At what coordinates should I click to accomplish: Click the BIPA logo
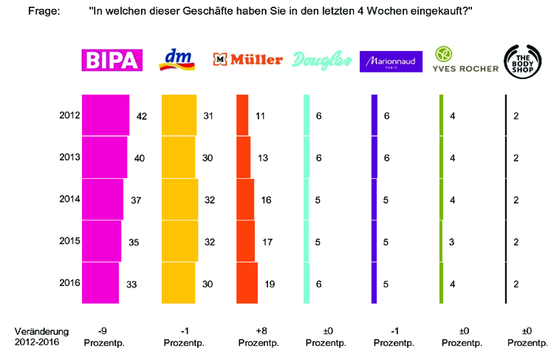(x=111, y=60)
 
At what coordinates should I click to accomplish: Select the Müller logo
(x=247, y=60)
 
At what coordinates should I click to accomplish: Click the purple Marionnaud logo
(x=391, y=61)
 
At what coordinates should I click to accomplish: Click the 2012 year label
(x=69, y=115)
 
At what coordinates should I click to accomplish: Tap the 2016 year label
(x=69, y=282)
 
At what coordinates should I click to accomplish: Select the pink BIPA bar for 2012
(x=106, y=115)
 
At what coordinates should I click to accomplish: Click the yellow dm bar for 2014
(x=179, y=200)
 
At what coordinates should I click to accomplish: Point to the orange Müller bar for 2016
(x=247, y=282)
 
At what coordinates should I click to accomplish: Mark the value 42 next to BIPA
(x=142, y=116)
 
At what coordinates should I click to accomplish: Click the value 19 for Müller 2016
(x=270, y=283)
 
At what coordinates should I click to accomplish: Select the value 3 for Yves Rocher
(x=453, y=242)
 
